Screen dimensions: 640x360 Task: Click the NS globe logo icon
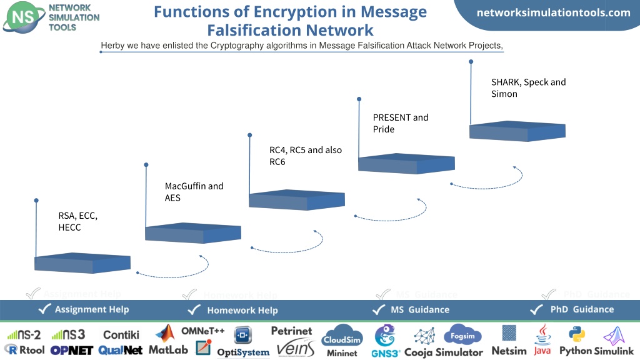pos(24,17)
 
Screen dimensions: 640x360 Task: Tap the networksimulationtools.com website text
pos(554,12)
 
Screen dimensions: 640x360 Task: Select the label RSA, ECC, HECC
pos(78,221)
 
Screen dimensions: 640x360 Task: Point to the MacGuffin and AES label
pos(194,192)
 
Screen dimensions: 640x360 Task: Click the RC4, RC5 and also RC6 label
pos(305,156)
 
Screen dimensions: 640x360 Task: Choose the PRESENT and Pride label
pos(401,123)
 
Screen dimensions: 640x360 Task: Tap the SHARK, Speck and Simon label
pos(528,87)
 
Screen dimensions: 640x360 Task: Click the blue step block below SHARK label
pos(517,131)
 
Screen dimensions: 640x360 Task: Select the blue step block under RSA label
pos(82,263)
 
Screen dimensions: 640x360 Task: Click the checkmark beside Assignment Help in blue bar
pos(44,309)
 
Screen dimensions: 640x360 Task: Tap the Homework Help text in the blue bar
pos(242,310)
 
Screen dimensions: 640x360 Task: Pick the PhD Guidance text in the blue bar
pos(582,309)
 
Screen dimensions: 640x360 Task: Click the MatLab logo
pos(168,340)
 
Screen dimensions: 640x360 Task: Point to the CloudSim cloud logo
pos(342,336)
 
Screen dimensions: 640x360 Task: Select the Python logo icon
pos(576,334)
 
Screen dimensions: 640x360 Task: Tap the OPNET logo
pos(72,350)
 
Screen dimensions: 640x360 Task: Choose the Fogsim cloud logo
pos(463,335)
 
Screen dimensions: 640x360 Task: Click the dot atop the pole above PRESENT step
pos(359,99)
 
